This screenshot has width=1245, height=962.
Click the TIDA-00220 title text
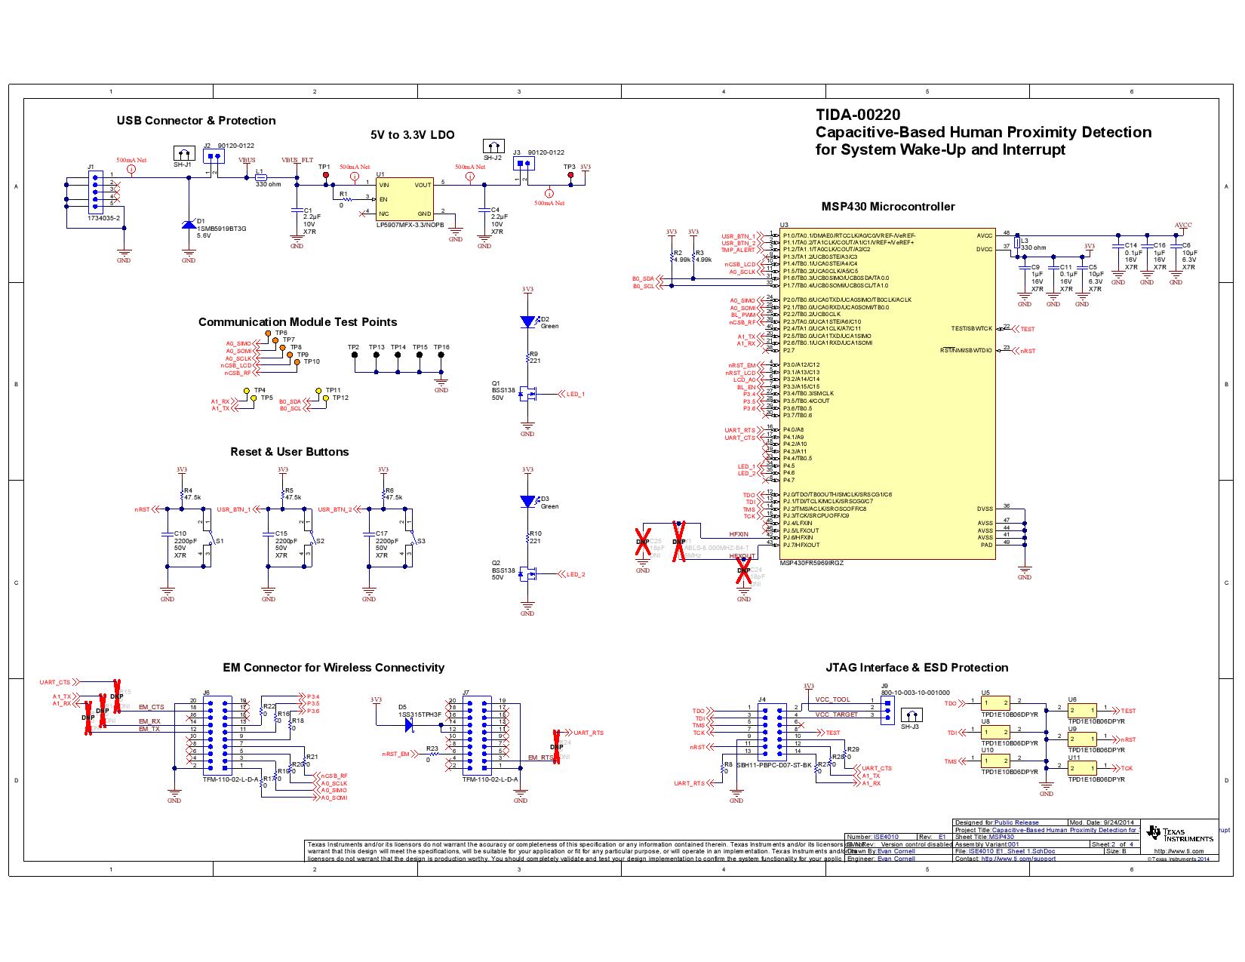pos(858,115)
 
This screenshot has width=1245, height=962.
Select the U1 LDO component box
pos(404,199)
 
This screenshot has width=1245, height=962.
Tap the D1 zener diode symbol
pos(189,224)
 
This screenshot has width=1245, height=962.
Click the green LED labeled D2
pos(527,321)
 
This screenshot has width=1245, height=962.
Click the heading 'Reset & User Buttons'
pos(289,452)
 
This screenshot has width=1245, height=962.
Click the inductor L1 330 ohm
pos(260,177)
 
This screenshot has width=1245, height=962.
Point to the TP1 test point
pos(326,175)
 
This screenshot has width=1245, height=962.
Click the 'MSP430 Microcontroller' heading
pos(888,207)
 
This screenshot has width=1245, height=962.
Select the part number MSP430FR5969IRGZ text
pos(811,563)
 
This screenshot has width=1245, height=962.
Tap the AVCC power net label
pos(1183,225)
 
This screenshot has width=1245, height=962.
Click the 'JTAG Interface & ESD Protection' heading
pos(917,668)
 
